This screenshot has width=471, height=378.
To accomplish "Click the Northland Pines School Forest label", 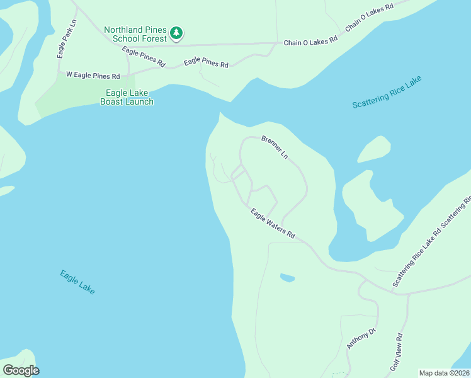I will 136,34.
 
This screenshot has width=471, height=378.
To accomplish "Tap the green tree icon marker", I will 177,33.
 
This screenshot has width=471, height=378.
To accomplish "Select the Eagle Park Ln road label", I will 66,39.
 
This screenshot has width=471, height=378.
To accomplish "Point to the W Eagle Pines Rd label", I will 93,76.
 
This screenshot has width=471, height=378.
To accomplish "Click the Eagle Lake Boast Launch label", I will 127,97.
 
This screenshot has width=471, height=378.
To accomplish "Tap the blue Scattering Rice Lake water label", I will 387,93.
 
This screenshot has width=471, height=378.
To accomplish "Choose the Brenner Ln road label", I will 275,146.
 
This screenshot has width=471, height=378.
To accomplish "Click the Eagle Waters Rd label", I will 273,224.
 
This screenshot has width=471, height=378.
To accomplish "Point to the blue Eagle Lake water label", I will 77,282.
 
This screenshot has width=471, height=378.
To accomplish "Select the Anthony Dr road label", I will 361,339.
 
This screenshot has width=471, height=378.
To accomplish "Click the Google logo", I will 21,370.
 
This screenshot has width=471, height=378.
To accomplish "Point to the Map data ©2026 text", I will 445,373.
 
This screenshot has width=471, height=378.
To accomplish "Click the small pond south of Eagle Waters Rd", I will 287,277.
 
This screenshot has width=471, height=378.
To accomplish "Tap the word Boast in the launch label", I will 114,101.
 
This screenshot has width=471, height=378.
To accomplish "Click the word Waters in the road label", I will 275,226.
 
